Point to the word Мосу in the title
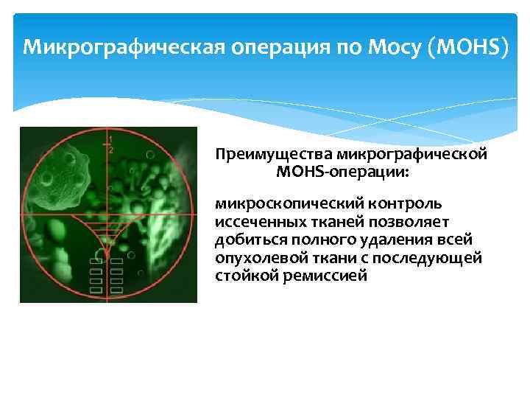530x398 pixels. [391, 48]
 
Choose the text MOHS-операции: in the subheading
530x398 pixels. [344, 172]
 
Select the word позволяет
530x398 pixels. [419, 221]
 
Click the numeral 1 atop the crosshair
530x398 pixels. [110, 139]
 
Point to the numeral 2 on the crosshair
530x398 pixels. [111, 150]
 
